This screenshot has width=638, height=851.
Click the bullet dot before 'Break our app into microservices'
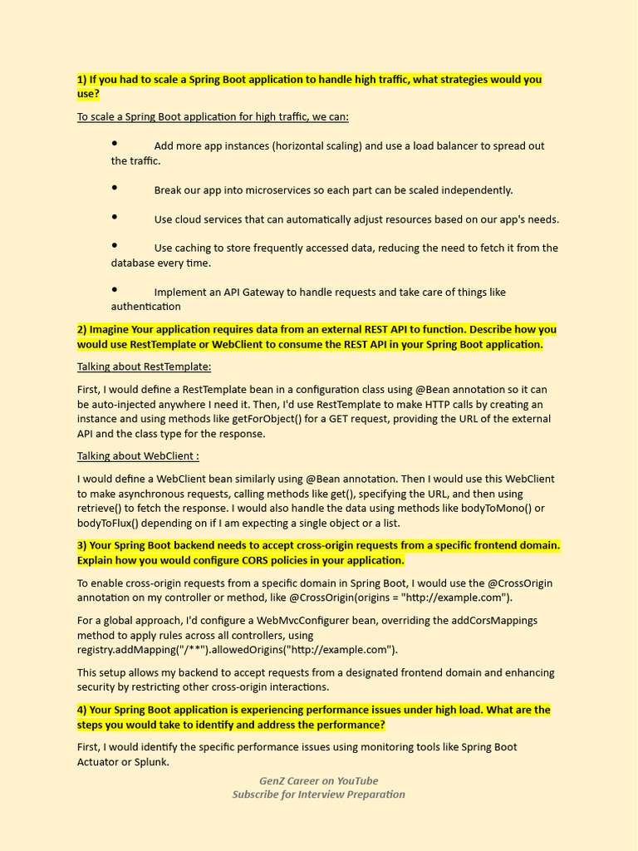coord(115,189)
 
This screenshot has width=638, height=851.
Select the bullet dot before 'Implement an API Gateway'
coord(115,290)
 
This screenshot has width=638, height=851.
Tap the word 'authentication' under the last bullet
coord(146,307)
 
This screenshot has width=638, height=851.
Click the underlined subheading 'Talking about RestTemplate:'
coord(144,366)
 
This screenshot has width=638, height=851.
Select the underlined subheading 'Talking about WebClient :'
coord(138,456)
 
